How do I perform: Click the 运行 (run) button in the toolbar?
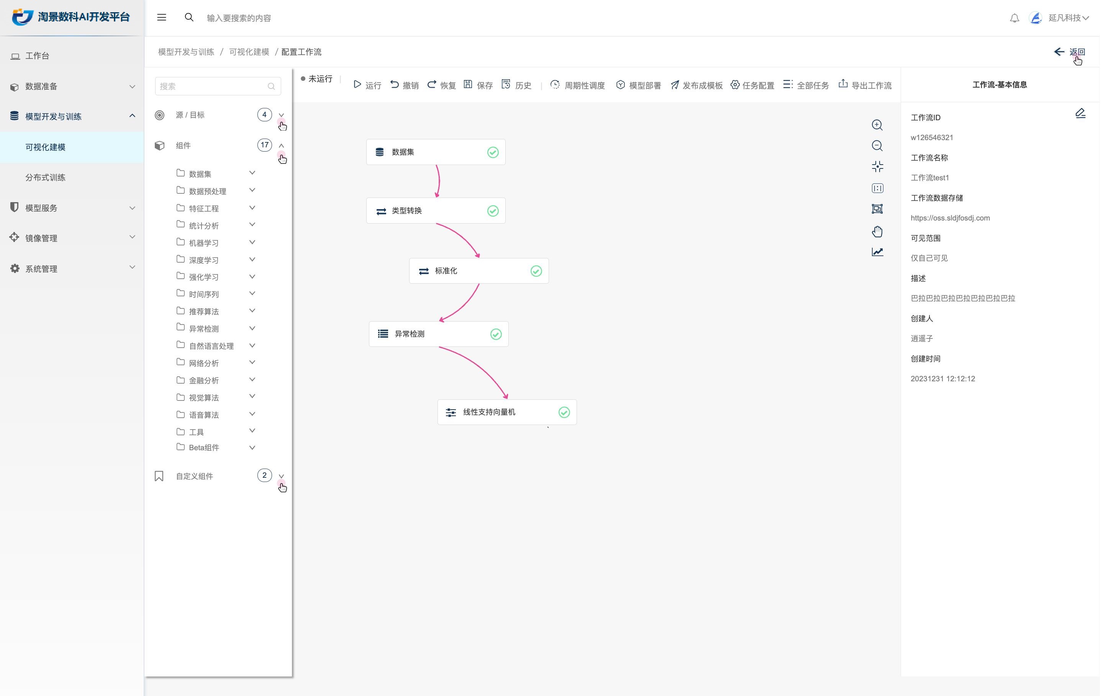tap(367, 85)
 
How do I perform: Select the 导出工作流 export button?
tap(865, 85)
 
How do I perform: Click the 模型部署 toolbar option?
tap(638, 85)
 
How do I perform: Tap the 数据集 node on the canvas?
tap(436, 152)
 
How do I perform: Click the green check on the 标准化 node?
tap(536, 271)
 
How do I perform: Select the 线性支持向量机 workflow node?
tap(507, 412)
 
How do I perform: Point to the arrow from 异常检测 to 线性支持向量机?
tap(479, 366)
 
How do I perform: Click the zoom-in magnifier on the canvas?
tap(877, 125)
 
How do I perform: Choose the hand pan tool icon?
tap(877, 231)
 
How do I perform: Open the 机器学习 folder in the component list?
tap(203, 243)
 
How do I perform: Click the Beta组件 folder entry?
tap(203, 448)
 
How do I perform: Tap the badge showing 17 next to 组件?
tap(264, 145)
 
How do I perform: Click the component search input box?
tap(218, 86)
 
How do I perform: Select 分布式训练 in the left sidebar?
tap(45, 178)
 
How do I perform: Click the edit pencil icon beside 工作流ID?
tap(1080, 113)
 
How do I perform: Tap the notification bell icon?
tap(1014, 18)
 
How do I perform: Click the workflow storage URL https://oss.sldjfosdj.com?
tap(950, 218)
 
